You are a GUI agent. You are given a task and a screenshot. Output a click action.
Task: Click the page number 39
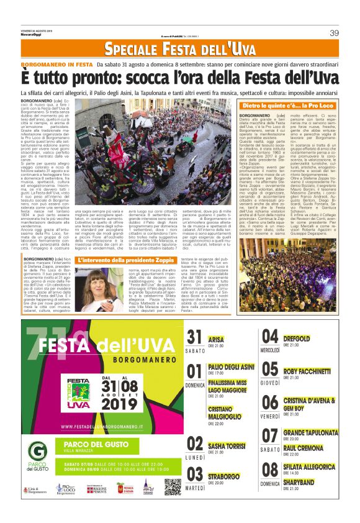pos(334,33)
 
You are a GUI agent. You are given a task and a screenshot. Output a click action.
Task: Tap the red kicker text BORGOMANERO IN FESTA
pos(56,64)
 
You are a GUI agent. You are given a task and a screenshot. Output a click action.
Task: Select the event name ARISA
pos(217,339)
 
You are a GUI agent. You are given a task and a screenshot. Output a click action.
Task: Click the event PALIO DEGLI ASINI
pos(231,367)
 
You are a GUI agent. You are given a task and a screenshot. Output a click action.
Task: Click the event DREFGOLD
pos(297,339)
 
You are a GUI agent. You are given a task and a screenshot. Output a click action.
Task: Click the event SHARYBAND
pos(299,481)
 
